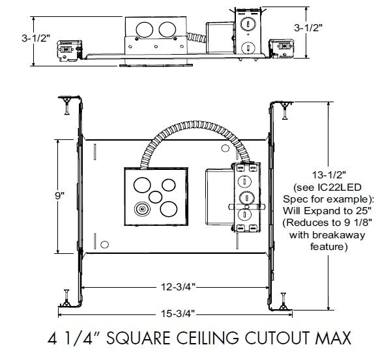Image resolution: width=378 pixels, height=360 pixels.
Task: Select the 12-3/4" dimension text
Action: pos(173,286)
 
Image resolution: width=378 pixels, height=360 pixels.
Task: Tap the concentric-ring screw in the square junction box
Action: pos(140,210)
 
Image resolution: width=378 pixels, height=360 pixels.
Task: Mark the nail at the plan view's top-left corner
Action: pos(66,105)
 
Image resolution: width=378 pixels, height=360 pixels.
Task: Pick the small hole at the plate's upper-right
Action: pos(225,149)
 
